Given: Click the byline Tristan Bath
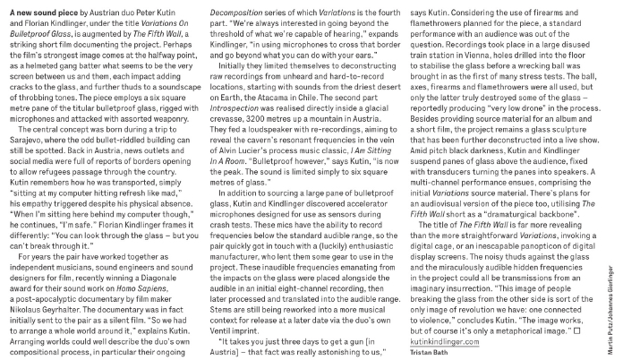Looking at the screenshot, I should click(431, 349).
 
